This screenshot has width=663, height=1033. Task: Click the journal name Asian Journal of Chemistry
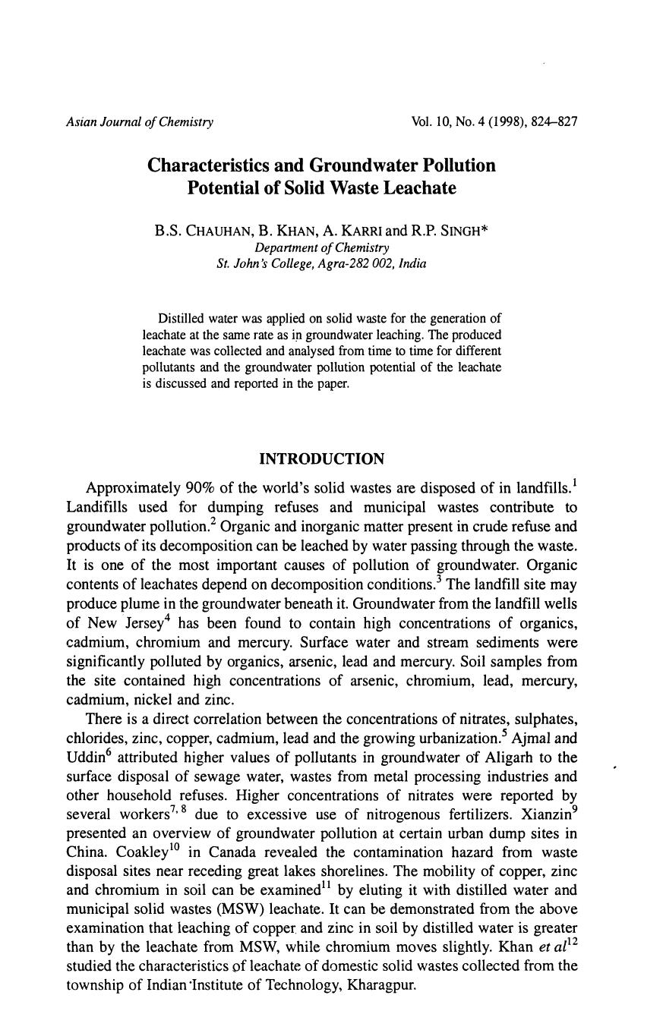click(140, 122)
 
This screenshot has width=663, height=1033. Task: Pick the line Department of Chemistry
click(321, 247)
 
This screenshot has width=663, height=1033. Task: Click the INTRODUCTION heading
click(321, 459)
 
